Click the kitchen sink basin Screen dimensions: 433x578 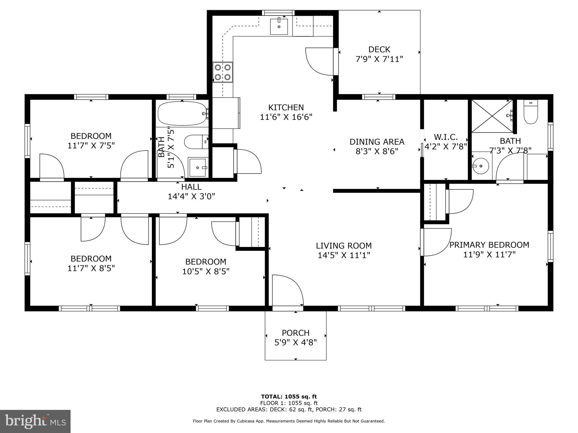click(279, 26)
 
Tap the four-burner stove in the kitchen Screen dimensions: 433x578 click(223, 72)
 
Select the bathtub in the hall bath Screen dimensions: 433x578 click(182, 114)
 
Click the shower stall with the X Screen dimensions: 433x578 click(492, 116)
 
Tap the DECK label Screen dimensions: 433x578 click(379, 50)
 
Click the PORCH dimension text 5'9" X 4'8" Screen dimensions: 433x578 click(295, 343)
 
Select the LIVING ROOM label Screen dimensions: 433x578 click(343, 246)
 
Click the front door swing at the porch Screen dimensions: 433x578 click(286, 290)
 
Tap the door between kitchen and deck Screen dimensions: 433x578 click(320, 61)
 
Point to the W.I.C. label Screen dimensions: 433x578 click(446, 137)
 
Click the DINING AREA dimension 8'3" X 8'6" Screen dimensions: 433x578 click(376, 151)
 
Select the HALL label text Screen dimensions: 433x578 click(191, 187)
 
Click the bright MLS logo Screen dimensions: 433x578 click(35, 421)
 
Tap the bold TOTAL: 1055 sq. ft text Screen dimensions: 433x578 click(289, 397)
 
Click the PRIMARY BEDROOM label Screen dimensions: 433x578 click(489, 245)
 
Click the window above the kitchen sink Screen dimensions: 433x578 click(278, 13)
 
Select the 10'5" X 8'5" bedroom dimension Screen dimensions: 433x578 click(205, 271)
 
